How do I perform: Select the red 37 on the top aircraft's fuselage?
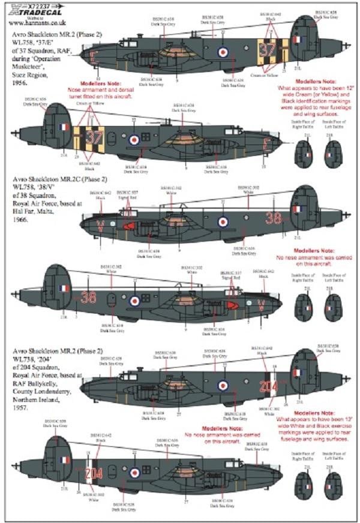point(268,49)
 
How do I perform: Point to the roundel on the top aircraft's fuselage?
point(223,52)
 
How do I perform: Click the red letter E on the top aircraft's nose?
point(92,58)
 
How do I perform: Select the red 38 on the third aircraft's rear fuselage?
point(274,217)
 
